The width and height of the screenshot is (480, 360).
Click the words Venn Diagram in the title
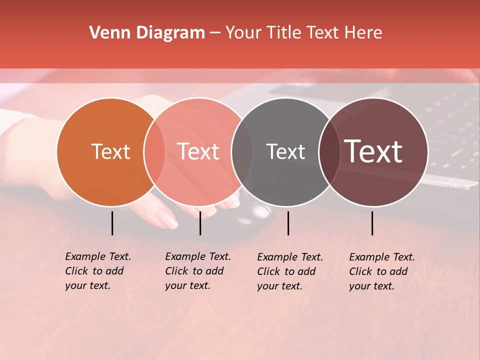tap(147, 33)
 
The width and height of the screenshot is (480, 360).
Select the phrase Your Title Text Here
tap(303, 33)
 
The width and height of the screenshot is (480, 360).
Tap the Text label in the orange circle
tap(110, 151)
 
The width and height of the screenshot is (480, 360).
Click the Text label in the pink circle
tap(198, 151)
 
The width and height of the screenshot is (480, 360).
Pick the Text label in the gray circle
tap(285, 151)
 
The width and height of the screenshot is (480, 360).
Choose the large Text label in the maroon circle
tap(373, 151)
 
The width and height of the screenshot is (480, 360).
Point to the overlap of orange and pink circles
tap(154, 152)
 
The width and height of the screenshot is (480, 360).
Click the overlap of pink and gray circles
tap(242, 152)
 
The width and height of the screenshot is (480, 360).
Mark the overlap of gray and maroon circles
tap(329, 152)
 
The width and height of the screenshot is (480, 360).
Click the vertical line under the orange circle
tap(112, 223)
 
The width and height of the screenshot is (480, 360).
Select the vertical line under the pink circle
tap(200, 223)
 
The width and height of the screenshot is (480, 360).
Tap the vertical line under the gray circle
tap(288, 223)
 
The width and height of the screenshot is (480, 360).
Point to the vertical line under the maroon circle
tap(372, 223)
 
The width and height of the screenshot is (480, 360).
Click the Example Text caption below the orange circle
tap(98, 271)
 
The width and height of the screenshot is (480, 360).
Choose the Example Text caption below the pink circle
tap(198, 271)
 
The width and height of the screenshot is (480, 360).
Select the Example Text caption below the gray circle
tap(290, 271)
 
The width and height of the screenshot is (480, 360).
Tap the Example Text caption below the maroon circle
tap(382, 271)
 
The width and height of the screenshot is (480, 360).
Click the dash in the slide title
tap(215, 33)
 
